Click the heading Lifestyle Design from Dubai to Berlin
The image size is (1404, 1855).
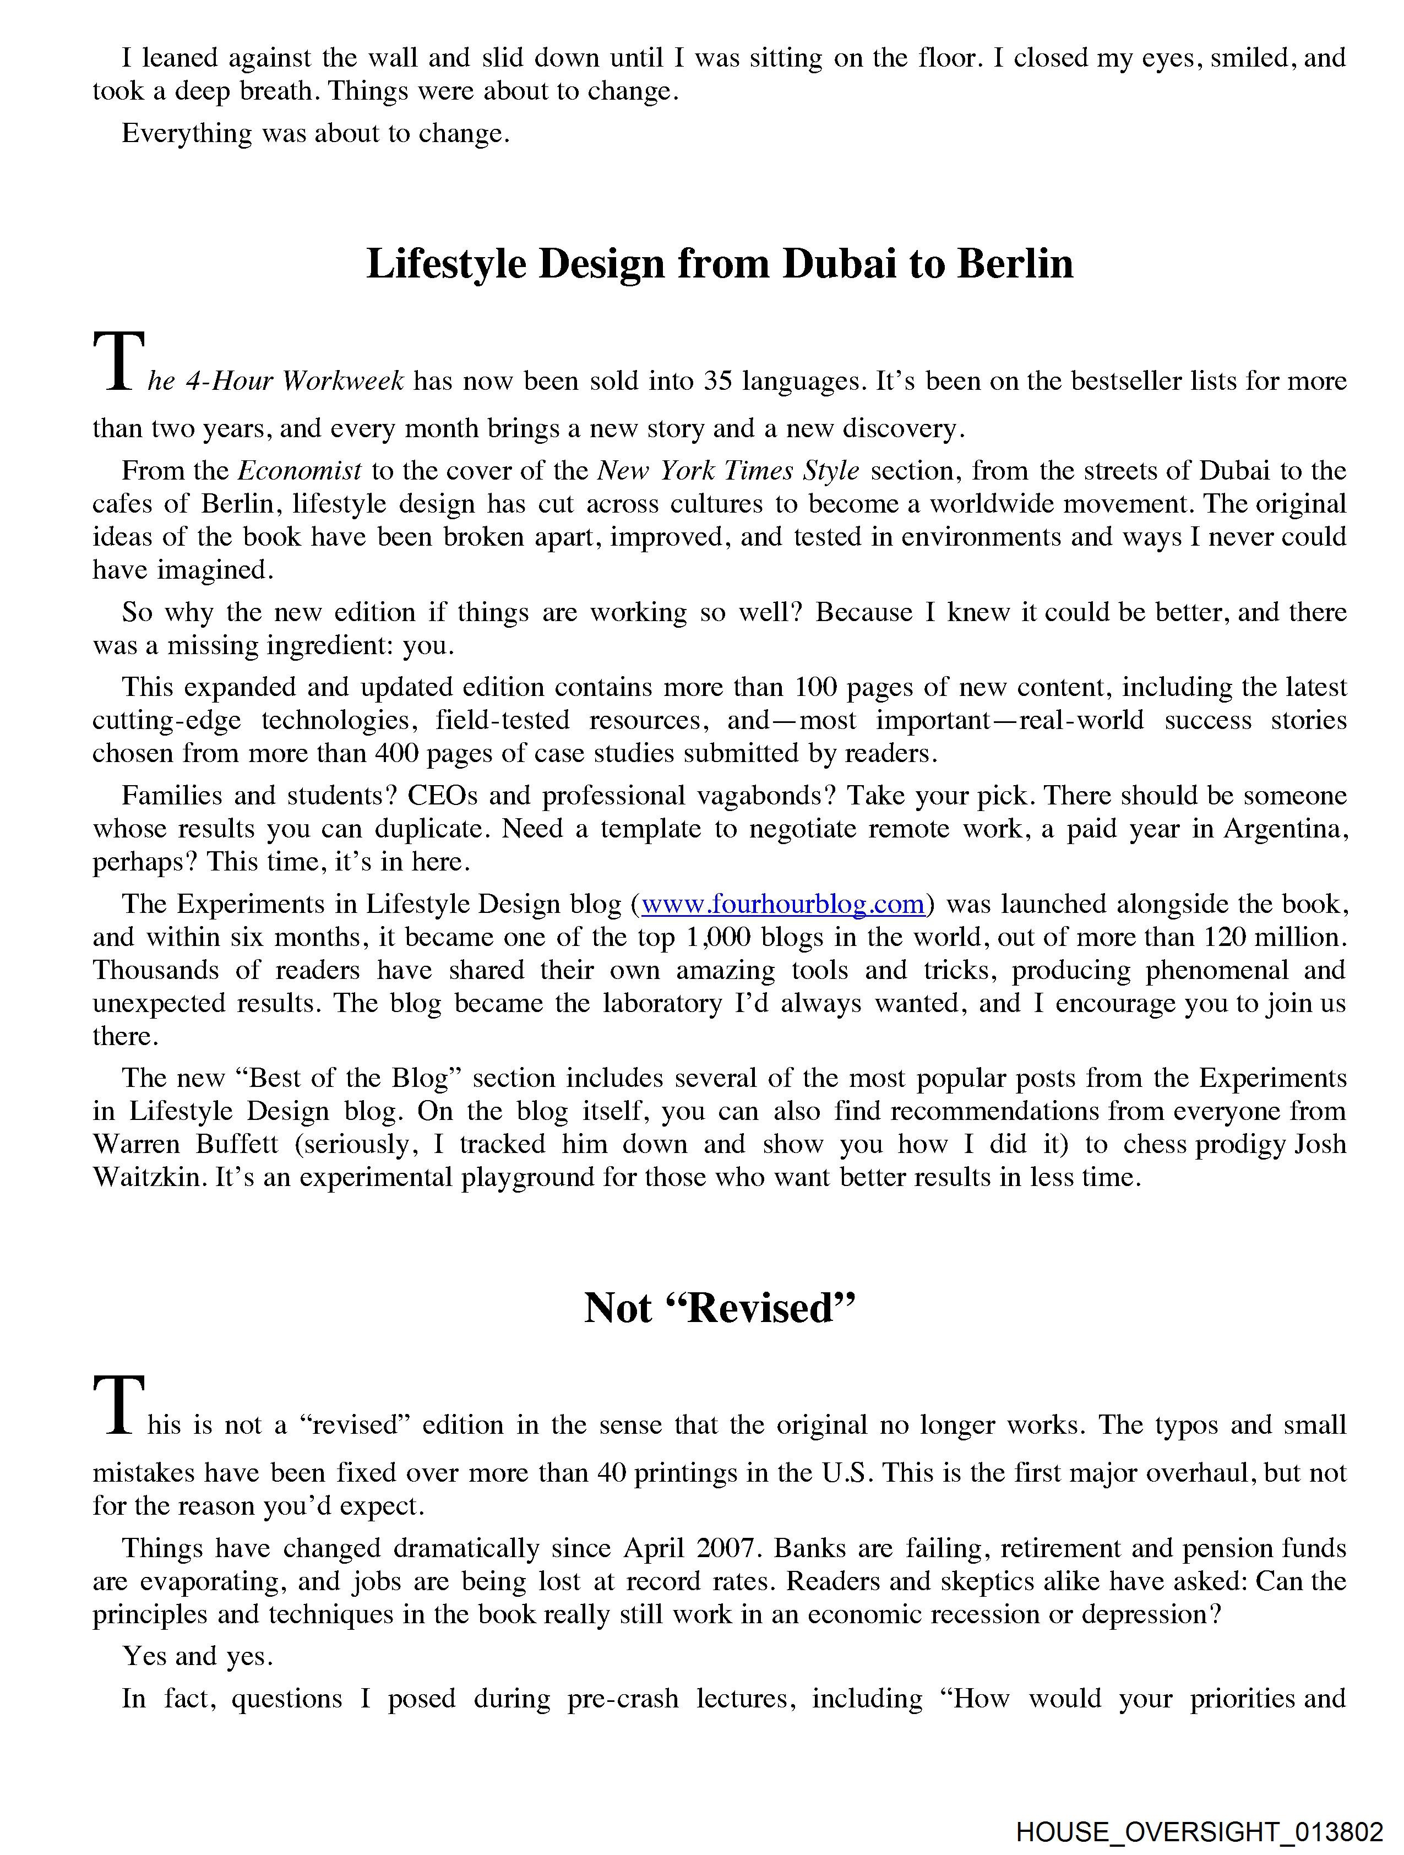[x=720, y=264]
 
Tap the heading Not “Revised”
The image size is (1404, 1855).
[x=720, y=1307]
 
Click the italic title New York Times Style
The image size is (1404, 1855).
[x=728, y=470]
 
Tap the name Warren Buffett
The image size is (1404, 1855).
[x=184, y=1145]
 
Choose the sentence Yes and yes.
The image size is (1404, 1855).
[x=198, y=1656]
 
